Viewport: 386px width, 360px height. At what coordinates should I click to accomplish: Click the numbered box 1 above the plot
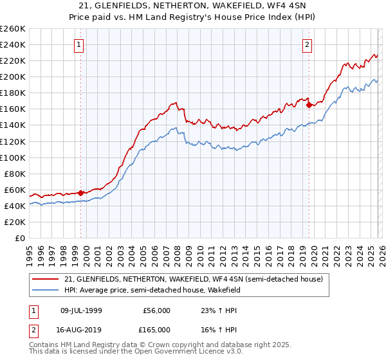(x=78, y=44)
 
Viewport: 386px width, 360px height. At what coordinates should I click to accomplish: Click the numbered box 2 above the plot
(x=308, y=44)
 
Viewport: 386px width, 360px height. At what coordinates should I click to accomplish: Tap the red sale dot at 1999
(x=80, y=192)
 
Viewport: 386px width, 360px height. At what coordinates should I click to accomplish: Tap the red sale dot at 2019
(x=309, y=105)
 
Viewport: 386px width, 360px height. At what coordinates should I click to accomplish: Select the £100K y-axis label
(x=13, y=157)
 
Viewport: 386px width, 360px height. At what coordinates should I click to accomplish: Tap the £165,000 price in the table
(x=156, y=329)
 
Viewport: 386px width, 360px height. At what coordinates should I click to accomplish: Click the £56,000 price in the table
(x=156, y=310)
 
